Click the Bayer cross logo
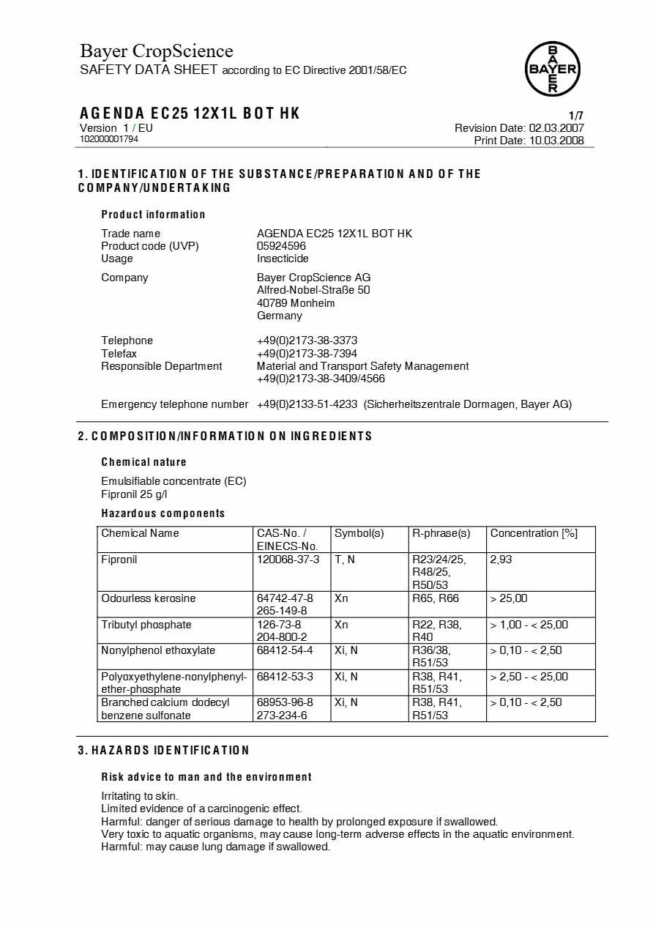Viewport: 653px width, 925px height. pos(553,69)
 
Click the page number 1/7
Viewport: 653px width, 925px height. pos(576,116)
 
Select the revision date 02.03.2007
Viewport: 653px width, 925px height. pos(556,128)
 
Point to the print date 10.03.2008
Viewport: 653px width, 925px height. pos(556,141)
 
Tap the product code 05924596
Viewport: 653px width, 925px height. pos(281,246)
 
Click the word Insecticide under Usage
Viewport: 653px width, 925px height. pos(283,259)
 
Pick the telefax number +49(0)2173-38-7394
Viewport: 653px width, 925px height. pos(307,354)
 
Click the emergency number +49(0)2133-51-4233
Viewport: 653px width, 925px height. pos(307,404)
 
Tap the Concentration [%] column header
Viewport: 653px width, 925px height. pos(534,533)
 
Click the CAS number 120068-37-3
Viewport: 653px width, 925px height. pos(288,560)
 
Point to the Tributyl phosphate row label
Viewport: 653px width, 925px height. pos(146,625)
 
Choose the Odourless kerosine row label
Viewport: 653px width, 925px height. pos(149,598)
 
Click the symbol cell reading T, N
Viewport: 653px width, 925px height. pos(344,560)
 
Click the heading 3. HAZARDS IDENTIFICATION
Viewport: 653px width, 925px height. pos(164,751)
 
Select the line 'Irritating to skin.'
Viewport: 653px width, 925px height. pos(140,796)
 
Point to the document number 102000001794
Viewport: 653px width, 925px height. pos(109,139)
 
